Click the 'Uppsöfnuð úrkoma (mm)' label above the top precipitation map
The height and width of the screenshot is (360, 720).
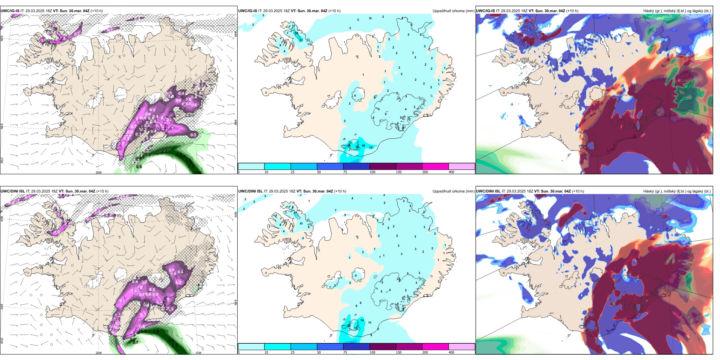pos(453,11)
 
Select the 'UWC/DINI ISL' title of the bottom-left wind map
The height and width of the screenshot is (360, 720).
pos(13,191)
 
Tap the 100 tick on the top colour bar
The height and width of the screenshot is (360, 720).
pos(373,172)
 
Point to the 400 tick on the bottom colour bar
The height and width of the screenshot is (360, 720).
pos(451,352)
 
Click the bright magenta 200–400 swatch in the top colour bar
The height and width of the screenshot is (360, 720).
pos(435,166)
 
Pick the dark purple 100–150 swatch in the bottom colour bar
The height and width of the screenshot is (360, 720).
pos(382,347)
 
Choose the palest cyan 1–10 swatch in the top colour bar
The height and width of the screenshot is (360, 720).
pos(251,166)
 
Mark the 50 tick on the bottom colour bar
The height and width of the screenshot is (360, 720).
pos(319,352)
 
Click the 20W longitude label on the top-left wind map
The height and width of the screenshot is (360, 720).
pos(99,172)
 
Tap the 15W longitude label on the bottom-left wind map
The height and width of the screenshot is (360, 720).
pos(198,353)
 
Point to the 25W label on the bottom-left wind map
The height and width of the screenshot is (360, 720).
pos(2,341)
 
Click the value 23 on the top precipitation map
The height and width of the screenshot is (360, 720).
pos(301,40)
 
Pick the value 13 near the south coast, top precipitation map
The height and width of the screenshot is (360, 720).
pos(371,147)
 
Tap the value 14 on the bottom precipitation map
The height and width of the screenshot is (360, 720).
pos(362,320)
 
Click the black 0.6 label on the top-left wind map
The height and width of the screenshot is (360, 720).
pos(139,167)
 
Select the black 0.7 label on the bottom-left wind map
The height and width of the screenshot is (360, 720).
pos(135,342)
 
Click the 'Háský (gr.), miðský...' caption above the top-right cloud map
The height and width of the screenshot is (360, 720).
pos(677,11)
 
